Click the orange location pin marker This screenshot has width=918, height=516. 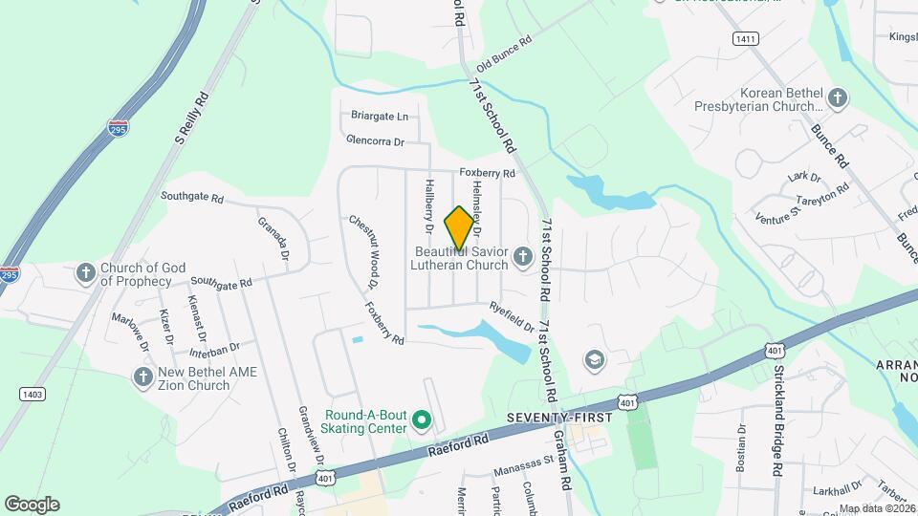[x=459, y=227]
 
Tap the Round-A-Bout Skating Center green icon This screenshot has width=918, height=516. [x=420, y=419]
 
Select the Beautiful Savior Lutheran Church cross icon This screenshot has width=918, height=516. [x=522, y=256]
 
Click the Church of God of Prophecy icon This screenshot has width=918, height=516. [x=85, y=273]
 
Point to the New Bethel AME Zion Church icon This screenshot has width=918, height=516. [x=142, y=377]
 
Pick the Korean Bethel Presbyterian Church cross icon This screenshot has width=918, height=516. [x=838, y=98]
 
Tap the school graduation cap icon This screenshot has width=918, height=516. [x=594, y=359]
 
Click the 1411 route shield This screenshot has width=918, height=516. [x=746, y=39]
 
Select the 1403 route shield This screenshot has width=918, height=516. [x=32, y=394]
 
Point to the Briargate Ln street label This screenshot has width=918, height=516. [x=380, y=117]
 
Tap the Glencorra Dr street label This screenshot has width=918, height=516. [x=376, y=140]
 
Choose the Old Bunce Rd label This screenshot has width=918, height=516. [x=503, y=54]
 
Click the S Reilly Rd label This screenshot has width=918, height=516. [x=191, y=118]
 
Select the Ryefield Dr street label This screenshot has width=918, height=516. [x=512, y=317]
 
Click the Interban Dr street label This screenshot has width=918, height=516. [x=214, y=348]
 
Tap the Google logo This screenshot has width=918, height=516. [x=32, y=504]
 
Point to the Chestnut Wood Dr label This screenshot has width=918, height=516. [x=363, y=251]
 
